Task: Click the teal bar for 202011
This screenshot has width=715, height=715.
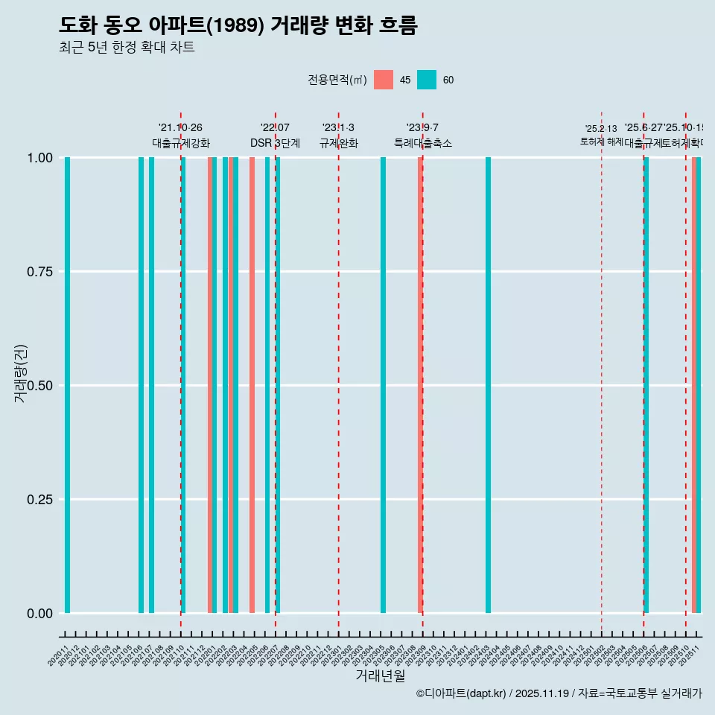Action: (67, 385)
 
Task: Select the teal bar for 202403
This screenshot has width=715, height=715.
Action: (488, 385)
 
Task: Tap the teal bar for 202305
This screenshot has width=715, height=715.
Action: (383, 385)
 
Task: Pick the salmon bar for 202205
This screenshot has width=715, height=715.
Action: (252, 385)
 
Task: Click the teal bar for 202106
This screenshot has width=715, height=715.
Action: (141, 385)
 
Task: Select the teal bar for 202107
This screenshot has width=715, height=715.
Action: (151, 385)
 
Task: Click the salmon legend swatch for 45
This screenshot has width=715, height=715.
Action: (383, 80)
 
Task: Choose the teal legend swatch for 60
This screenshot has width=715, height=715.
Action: (426, 80)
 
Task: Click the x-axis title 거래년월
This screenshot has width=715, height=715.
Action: (380, 676)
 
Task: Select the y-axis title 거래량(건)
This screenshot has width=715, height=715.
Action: (21, 373)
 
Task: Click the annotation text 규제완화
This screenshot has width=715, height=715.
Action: (339, 143)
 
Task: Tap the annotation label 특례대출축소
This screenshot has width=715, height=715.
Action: (423, 143)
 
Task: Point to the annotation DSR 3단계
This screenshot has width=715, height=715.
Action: (275, 143)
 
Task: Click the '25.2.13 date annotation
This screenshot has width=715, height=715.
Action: (601, 128)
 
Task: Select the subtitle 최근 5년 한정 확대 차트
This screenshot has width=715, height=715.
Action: (127, 48)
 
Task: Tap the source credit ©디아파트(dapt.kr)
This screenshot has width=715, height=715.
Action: (461, 693)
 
